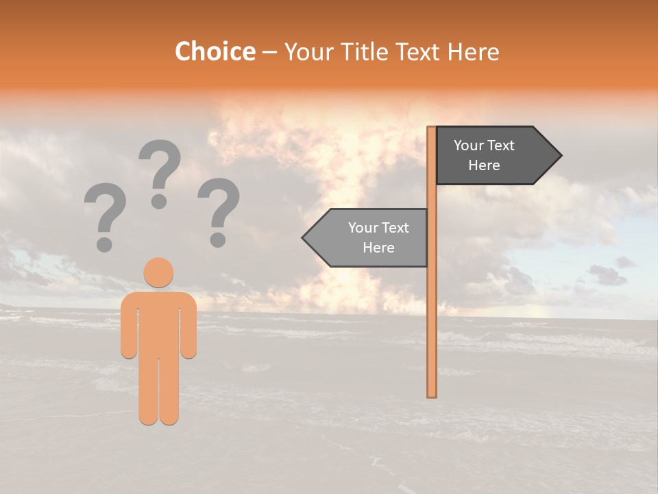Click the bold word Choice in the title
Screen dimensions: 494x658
pyautogui.click(x=215, y=51)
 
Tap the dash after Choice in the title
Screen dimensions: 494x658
pyautogui.click(x=269, y=53)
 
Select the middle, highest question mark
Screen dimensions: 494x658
pyautogui.click(x=160, y=172)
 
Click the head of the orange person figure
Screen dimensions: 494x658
pyautogui.click(x=158, y=272)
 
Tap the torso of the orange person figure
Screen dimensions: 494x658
pyautogui.click(x=158, y=322)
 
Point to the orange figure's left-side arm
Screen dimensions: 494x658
pyautogui.click(x=128, y=326)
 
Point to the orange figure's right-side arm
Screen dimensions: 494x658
pyautogui.click(x=189, y=326)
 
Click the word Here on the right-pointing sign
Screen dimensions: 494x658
pyautogui.click(x=484, y=165)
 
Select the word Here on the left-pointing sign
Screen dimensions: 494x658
pyautogui.click(x=378, y=248)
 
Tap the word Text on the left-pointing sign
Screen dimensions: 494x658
pyautogui.click(x=395, y=228)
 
